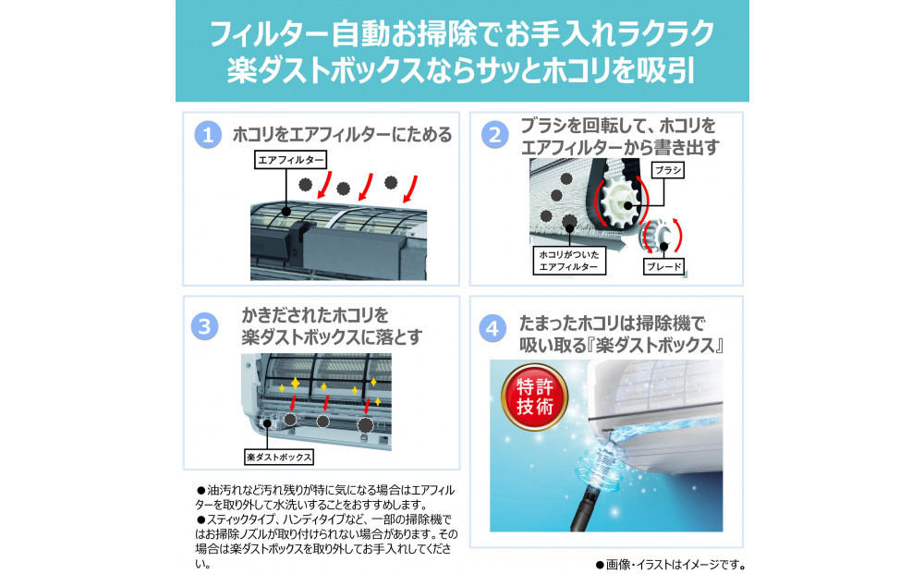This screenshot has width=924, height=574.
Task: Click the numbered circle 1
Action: [x=208, y=136]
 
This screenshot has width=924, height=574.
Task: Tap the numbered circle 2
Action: [x=495, y=136]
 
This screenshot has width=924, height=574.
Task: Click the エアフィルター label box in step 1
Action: [x=291, y=160]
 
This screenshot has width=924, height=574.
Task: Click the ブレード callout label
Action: [x=665, y=267]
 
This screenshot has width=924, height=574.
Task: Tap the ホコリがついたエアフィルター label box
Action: [x=568, y=259]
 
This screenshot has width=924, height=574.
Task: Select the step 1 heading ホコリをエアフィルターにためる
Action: [x=342, y=136]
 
